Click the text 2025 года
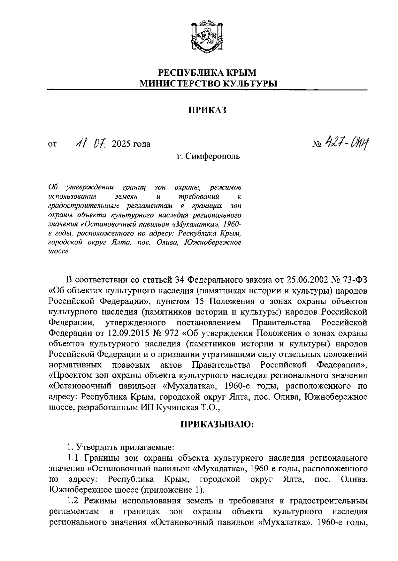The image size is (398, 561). point(131,144)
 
